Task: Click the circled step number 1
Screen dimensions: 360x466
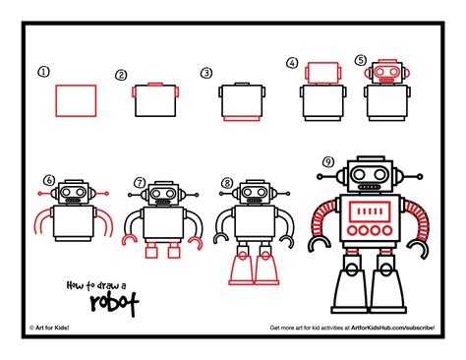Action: click(x=42, y=71)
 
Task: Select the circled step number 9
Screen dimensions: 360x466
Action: click(x=326, y=162)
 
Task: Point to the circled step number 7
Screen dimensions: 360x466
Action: click(x=140, y=182)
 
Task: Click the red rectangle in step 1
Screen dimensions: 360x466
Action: click(x=76, y=100)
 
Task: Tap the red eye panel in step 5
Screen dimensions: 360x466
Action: click(x=383, y=74)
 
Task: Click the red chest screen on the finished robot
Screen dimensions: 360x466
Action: click(x=370, y=211)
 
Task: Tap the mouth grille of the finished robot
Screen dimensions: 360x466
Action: click(x=370, y=188)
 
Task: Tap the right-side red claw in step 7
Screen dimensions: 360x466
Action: click(x=195, y=240)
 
